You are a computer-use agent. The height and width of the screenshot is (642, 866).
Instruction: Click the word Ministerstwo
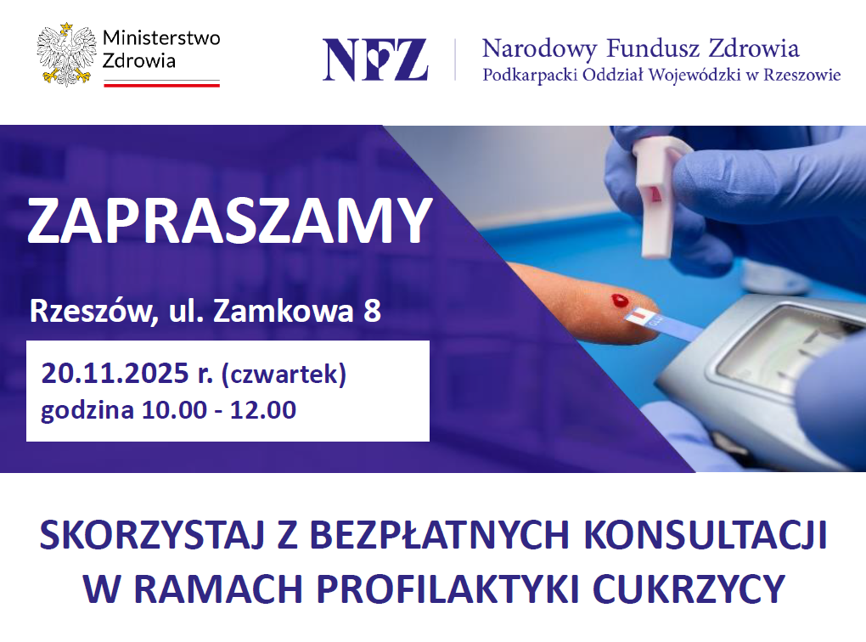point(161,37)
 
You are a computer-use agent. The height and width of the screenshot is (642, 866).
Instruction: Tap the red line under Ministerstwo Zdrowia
point(162,85)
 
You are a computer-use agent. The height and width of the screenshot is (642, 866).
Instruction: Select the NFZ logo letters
point(375,59)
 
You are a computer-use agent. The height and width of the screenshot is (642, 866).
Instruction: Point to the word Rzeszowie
point(802,75)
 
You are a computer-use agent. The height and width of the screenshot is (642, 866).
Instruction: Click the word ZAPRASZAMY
point(229,220)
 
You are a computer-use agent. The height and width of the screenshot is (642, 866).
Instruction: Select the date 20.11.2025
point(115,374)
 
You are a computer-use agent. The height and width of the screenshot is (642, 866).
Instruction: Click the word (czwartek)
point(284,374)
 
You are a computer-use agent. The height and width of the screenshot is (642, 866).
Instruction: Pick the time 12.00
point(263,410)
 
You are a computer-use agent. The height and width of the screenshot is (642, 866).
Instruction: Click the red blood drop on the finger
point(620,301)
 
